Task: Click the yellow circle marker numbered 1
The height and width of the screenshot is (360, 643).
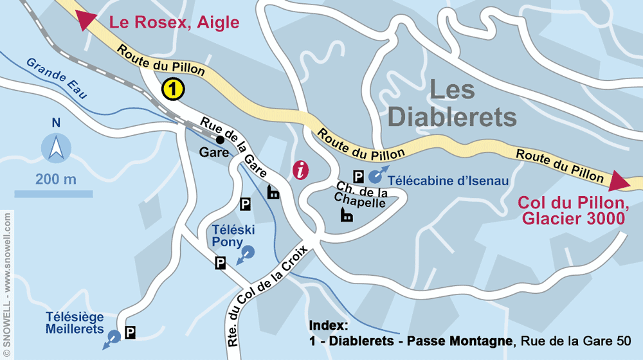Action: pyautogui.click(x=173, y=89)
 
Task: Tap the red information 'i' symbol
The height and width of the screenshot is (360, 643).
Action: pyautogui.click(x=300, y=170)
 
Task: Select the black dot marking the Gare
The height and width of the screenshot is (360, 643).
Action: pyautogui.click(x=220, y=139)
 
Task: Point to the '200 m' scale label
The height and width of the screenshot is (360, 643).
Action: pyautogui.click(x=56, y=179)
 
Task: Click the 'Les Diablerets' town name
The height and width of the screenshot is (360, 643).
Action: pyautogui.click(x=453, y=104)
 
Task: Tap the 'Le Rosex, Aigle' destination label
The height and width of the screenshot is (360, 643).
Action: pyautogui.click(x=174, y=22)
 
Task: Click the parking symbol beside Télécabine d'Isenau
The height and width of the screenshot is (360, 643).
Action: pyautogui.click(x=359, y=176)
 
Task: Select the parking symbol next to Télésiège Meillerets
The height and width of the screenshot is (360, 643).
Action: pyautogui.click(x=131, y=332)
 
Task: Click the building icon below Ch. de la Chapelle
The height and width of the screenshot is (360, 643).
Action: pyautogui.click(x=347, y=215)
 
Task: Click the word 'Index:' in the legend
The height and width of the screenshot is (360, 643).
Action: pyautogui.click(x=328, y=325)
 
